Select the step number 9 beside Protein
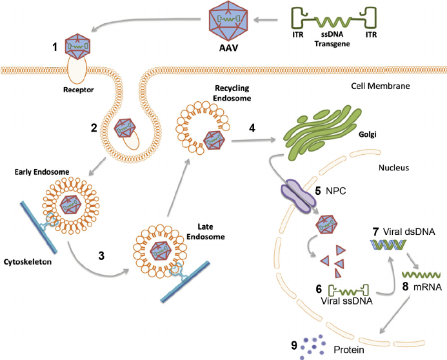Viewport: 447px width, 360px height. pyautogui.click(x=295, y=346)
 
